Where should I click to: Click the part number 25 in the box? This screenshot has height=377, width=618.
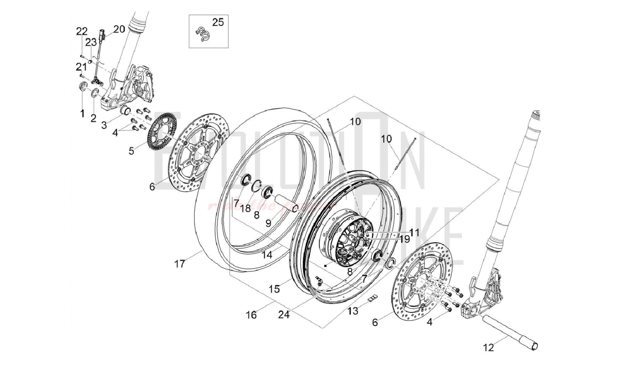(x=218, y=23)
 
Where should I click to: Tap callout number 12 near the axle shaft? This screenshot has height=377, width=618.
(x=488, y=348)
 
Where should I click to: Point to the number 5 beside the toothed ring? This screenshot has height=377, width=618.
(x=131, y=151)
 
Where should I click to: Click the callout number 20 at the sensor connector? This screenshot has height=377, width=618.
(x=119, y=29)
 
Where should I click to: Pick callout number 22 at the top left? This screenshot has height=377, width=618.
(x=82, y=31)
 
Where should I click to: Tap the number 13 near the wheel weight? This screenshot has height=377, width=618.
(x=353, y=311)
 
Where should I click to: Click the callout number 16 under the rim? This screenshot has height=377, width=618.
(x=251, y=315)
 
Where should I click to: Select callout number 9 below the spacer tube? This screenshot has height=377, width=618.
(x=268, y=223)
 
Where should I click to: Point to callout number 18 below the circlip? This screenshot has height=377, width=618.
(x=246, y=209)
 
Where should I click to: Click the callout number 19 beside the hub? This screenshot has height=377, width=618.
(x=404, y=239)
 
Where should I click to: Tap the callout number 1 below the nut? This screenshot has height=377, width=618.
(x=82, y=113)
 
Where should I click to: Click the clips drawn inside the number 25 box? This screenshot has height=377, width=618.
(x=203, y=34)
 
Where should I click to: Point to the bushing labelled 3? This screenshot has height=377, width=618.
(x=126, y=110)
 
